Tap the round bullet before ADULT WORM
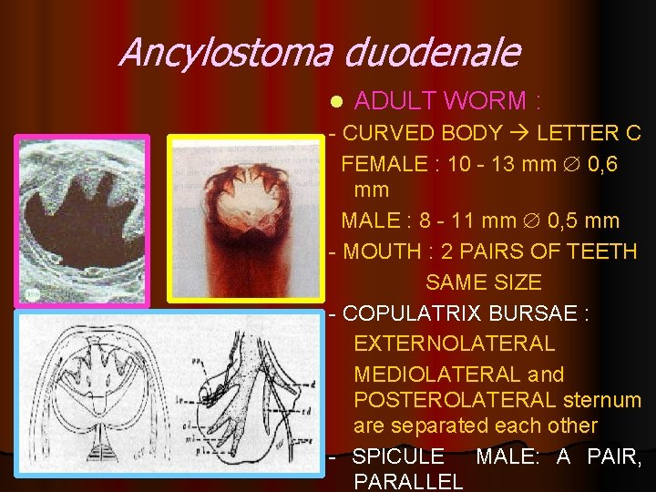pyautogui.click(x=336, y=101)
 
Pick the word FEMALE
pyautogui.click(x=384, y=164)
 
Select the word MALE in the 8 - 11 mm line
pyautogui.click(x=370, y=220)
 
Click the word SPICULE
pyautogui.click(x=398, y=456)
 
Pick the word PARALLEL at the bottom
pyautogui.click(x=407, y=481)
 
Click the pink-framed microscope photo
pyautogui.click(x=81, y=220)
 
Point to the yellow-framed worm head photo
pyautogui.click(x=246, y=219)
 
